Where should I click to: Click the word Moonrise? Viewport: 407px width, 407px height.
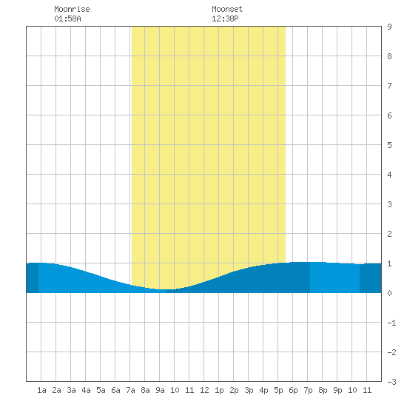coord(72,9)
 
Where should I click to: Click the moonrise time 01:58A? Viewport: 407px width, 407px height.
coord(67,18)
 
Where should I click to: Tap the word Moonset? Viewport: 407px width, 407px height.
coord(227,9)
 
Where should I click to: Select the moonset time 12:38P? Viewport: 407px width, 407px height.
coord(225,18)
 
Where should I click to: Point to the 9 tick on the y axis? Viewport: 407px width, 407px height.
coord(389,27)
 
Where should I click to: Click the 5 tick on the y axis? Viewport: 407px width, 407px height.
coord(389,145)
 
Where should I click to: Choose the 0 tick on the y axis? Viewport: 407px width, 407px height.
coord(389,293)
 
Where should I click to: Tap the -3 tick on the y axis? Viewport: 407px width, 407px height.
coord(391,382)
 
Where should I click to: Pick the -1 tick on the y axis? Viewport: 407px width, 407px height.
coord(391,323)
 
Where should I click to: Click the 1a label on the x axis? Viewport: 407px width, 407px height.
coord(41,390)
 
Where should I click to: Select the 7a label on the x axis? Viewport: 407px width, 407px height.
coord(130,390)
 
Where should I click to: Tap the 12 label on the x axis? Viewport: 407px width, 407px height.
coord(204,390)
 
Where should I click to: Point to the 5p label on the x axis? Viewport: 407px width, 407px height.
coord(278,390)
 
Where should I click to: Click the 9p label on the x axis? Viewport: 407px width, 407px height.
coord(337,390)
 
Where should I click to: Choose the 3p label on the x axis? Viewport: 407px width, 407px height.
coord(249,390)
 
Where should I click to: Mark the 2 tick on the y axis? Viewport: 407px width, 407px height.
coord(389,234)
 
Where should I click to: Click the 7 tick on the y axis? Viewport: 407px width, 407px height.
coord(389,86)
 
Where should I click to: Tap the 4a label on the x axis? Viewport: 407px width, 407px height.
coord(86,390)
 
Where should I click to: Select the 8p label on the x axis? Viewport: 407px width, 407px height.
coord(323,390)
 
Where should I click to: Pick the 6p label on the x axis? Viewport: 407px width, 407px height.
coord(293,390)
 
